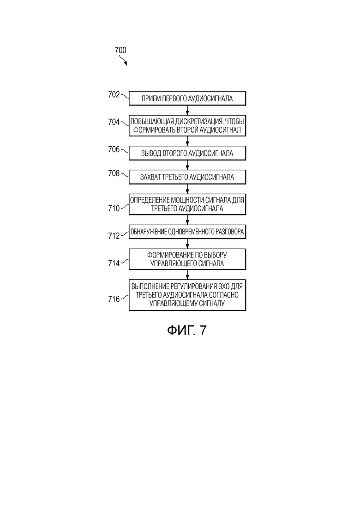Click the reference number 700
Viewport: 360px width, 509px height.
[x=120, y=50]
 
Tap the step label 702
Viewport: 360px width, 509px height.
[x=114, y=95]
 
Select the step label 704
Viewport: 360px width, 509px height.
[x=114, y=122]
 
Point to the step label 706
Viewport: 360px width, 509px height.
[x=114, y=150]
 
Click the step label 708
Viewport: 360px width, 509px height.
[x=114, y=174]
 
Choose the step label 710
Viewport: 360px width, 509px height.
[x=114, y=209]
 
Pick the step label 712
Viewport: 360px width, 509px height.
[x=114, y=236]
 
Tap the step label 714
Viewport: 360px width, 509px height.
[x=114, y=263]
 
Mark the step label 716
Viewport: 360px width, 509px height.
[x=114, y=299]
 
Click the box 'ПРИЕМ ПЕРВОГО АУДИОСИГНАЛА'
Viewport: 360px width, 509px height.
[x=187, y=98]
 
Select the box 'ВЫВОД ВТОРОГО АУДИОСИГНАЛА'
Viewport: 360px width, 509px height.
[x=187, y=153]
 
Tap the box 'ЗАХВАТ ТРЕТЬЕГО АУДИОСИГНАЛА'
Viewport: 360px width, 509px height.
[x=187, y=177]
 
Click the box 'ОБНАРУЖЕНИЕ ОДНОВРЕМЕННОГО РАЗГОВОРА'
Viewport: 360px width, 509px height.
[x=187, y=232]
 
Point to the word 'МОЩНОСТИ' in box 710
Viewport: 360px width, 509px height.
[x=187, y=200]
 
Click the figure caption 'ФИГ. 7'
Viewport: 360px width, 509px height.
[x=187, y=330]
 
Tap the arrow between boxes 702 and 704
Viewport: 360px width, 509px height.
[x=187, y=110]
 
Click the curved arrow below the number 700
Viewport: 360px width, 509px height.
[x=123, y=60]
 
